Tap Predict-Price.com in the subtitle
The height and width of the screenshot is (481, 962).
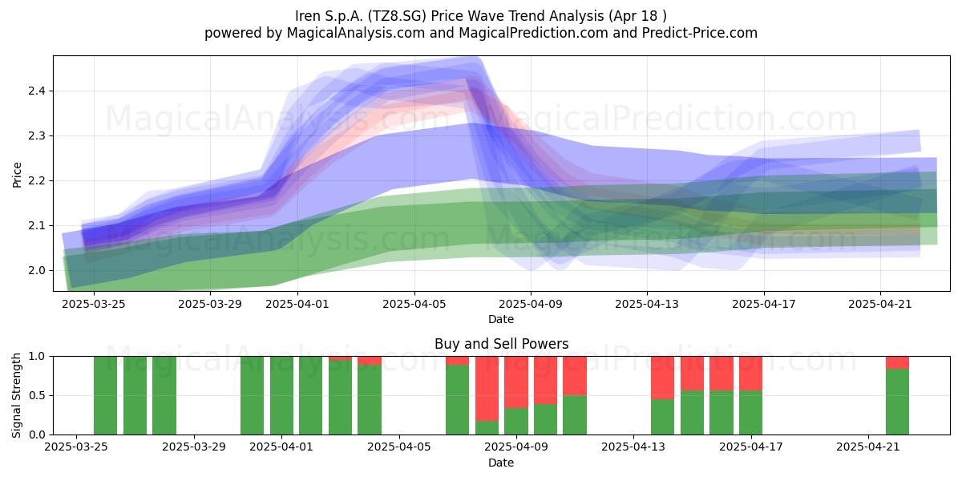pos(700,33)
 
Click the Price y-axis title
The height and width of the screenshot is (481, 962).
pos(17,175)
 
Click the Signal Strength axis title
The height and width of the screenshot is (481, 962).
pos(16,395)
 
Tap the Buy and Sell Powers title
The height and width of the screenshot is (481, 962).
pos(501,344)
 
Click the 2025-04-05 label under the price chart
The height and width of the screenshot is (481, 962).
pos(414,305)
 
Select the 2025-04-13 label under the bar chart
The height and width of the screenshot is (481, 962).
pos(633,447)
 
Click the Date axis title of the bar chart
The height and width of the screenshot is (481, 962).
pos(501,463)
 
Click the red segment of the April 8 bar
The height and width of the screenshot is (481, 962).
pos(487,389)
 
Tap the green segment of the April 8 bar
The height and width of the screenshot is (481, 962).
pos(487,428)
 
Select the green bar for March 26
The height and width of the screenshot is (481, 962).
pos(105,395)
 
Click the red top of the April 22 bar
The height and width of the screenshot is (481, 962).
pos(897,362)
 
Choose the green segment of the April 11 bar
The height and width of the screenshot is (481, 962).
pos(575,415)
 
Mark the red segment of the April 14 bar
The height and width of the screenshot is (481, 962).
pos(663,378)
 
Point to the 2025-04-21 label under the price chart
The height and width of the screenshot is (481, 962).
pos(880,305)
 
